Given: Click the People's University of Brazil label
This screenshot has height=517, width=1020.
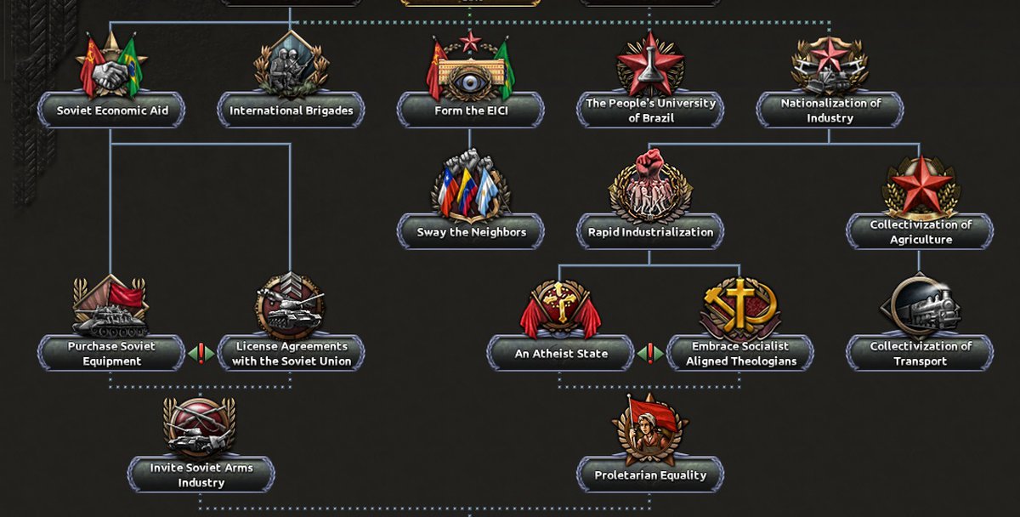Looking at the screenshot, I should pos(650,111).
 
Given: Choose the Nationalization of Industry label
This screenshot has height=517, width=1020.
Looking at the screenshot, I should pos(830,111).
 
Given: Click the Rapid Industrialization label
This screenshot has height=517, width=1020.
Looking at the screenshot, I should pos(650,231).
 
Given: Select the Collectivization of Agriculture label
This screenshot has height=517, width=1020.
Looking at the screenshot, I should pos(920,231).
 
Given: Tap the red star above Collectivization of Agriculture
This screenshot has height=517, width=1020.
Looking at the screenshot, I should pos(920,185).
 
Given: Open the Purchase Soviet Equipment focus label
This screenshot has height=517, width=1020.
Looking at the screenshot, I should pos(110,353).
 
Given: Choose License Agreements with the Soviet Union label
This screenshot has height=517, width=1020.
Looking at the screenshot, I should pos(291,353).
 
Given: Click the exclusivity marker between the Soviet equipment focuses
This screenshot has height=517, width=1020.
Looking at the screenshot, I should pos(201,353).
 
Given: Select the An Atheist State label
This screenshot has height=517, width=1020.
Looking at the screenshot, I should pos(560,353).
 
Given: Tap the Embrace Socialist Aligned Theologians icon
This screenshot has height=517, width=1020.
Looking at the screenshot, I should pos(739,306).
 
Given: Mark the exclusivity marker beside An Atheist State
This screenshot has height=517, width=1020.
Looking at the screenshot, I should pos(650,353).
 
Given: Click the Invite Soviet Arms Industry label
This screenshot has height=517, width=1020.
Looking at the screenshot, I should pos(201,474).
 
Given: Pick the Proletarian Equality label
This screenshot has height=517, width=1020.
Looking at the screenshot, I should pos(650,474).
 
